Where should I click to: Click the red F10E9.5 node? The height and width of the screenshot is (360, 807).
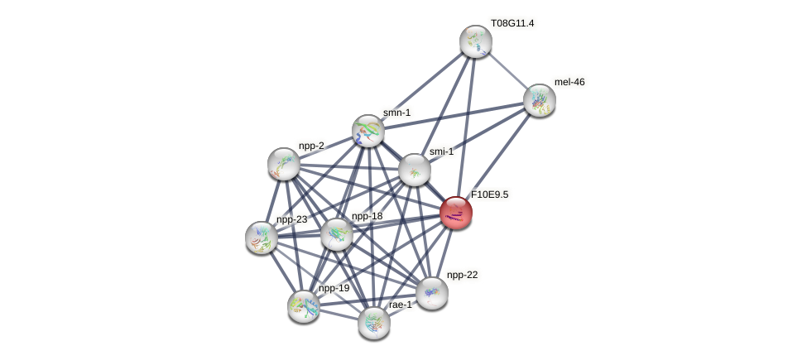[x=456, y=213]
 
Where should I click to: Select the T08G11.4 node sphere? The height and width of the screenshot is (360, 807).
[x=476, y=41]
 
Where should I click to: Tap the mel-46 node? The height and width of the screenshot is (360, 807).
[x=540, y=100]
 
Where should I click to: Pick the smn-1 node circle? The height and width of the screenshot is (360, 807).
[x=368, y=131]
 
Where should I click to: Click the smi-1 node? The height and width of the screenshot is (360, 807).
[x=415, y=170]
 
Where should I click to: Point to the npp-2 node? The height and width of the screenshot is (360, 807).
[x=284, y=164]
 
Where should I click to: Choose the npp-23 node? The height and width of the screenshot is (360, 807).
[x=262, y=238]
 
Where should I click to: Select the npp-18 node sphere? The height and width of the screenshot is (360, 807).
[x=337, y=234]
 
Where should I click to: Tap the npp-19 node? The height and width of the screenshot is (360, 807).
[x=304, y=306]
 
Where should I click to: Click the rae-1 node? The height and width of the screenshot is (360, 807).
[x=374, y=324]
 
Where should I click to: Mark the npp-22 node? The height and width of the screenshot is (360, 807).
[x=432, y=293]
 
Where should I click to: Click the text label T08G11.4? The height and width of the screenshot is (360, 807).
[x=512, y=23]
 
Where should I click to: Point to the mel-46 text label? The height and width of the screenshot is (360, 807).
[x=569, y=82]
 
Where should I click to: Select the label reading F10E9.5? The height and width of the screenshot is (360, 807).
[x=490, y=194]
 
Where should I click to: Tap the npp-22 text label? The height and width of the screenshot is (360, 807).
[x=462, y=275]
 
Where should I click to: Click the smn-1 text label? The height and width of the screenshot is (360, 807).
[x=396, y=112]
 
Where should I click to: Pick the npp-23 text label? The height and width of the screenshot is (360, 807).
[x=292, y=219]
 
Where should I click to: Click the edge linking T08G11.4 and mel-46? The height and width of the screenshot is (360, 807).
[x=507, y=71]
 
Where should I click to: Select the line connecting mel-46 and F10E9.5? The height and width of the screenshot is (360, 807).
[x=497, y=156]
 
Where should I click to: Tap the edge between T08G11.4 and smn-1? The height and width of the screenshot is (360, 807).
[x=422, y=86]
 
